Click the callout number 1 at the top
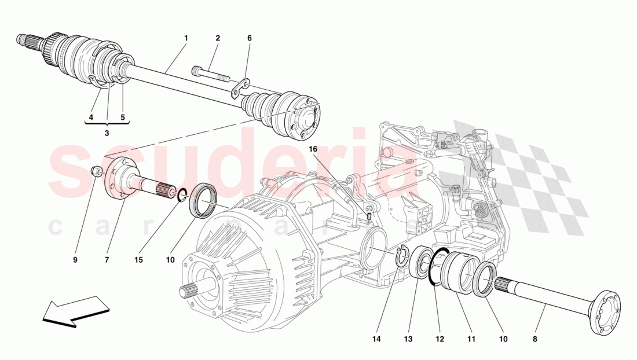(x=186, y=38)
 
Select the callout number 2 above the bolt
(x=218, y=38)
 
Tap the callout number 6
(x=250, y=38)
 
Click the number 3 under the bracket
(x=107, y=133)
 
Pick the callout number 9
(x=75, y=260)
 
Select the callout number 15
(x=139, y=260)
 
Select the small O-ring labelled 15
(x=182, y=196)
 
